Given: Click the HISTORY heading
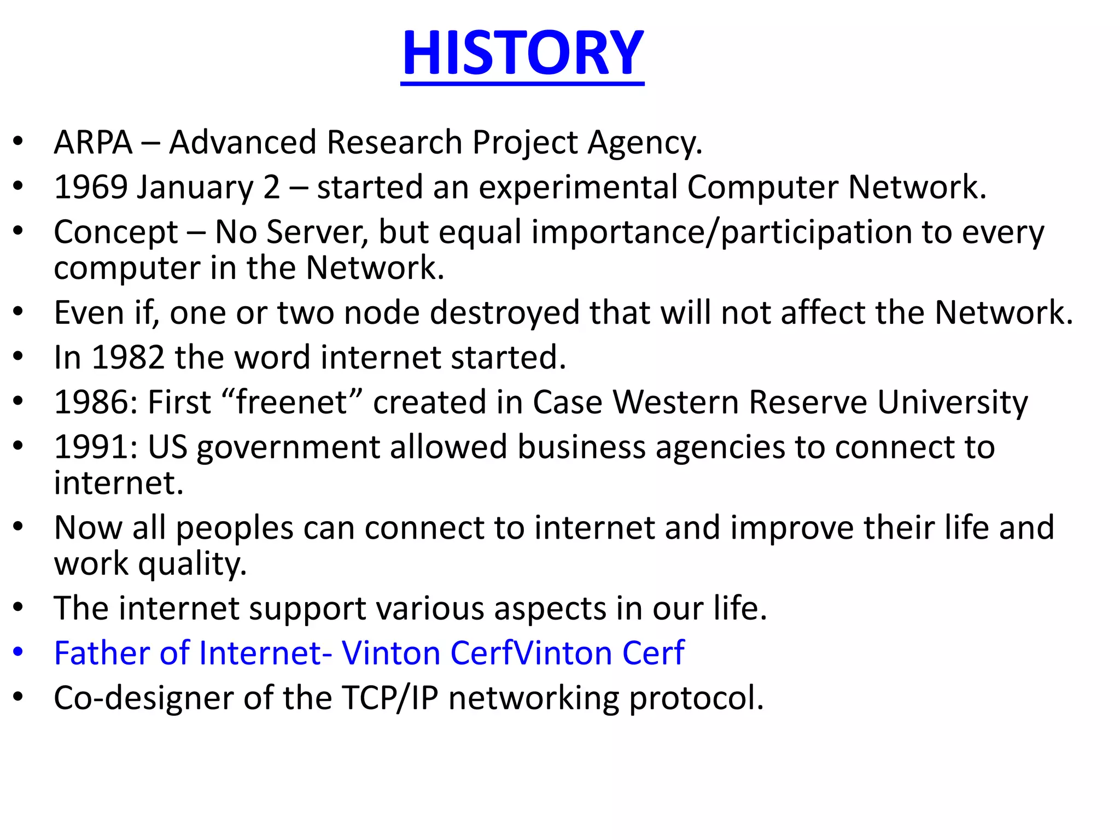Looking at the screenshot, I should coord(522,53).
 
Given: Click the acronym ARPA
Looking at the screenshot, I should coord(93,143).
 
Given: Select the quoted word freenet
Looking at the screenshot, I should coord(292,402).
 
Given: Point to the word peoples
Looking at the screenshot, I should coord(235,529).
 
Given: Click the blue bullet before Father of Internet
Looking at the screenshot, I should coord(19,652).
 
